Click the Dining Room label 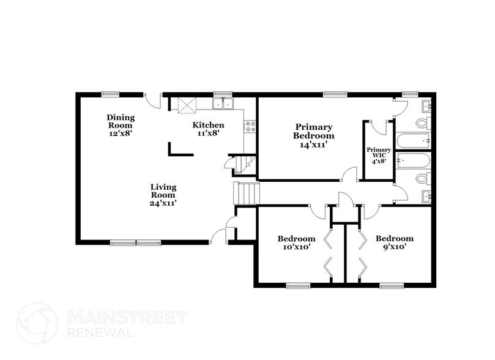pyautogui.click(x=121, y=125)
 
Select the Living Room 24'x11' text pyautogui.click(x=164, y=193)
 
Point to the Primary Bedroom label pyautogui.click(x=313, y=136)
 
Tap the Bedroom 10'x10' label pyautogui.click(x=296, y=242)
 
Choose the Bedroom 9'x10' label pyautogui.click(x=394, y=242)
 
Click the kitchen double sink pyautogui.click(x=224, y=103)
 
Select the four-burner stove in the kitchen pyautogui.click(x=250, y=127)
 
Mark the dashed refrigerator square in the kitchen pyautogui.click(x=185, y=105)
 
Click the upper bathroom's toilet pyautogui.click(x=422, y=123)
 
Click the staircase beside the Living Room pyautogui.click(x=248, y=193)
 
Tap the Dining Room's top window pyautogui.click(x=110, y=94)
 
